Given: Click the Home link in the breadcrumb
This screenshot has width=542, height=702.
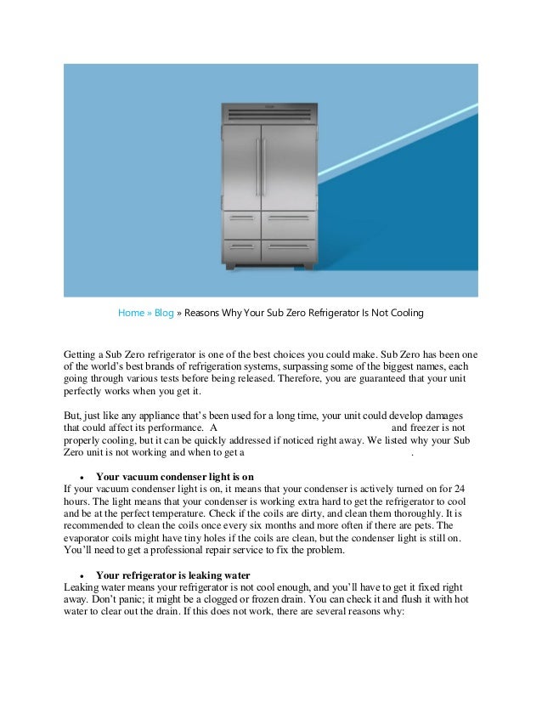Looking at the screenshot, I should pos(130,313).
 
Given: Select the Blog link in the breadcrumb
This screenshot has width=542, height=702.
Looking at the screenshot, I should pos(163,313).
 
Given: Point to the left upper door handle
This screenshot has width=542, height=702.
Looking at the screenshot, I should pos(257,167).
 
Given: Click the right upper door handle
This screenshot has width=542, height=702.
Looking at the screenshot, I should pos(264,167).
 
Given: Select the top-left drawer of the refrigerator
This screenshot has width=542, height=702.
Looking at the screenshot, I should pos(241,224).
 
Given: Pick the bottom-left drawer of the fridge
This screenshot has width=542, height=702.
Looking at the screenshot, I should pos(241,250).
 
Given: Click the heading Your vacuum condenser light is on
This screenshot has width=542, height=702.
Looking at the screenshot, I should pos(175,476).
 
